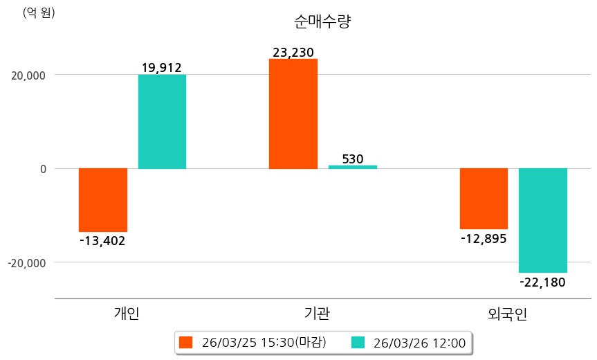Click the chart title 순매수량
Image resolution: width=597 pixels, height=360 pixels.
pos(323,21)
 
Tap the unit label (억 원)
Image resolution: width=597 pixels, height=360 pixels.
pos(39,12)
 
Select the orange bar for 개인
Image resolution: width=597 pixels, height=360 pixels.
pos(103,199)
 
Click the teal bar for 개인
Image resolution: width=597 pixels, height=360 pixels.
pos(162,121)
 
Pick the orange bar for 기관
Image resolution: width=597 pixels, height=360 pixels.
pos(293,114)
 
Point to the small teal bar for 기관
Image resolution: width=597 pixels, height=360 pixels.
pos(352,167)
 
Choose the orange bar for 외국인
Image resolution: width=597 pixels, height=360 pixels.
pos(484,198)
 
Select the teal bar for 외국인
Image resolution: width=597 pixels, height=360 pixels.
pos(543,220)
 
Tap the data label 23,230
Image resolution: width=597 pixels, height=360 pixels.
pos(293,52)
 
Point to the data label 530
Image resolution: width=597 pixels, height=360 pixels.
pos(353,159)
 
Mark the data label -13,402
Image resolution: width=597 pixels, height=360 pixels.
pos(102,241)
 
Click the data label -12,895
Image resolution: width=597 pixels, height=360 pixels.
pos(484,238)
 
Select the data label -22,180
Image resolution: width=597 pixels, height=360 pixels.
pos(542,282)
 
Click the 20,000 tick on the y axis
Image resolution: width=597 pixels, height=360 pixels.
pos(28,75)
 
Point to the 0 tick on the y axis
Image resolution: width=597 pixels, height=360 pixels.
pos(42,169)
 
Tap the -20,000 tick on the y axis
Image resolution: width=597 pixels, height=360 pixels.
pos(26,263)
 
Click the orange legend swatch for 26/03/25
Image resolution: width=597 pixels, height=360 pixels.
pos(185,342)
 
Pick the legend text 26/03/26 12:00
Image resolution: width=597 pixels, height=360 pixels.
pos(419,342)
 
